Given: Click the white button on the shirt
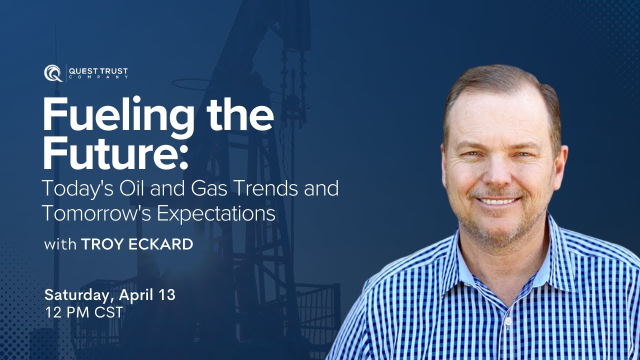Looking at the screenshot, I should [x=508, y=320].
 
